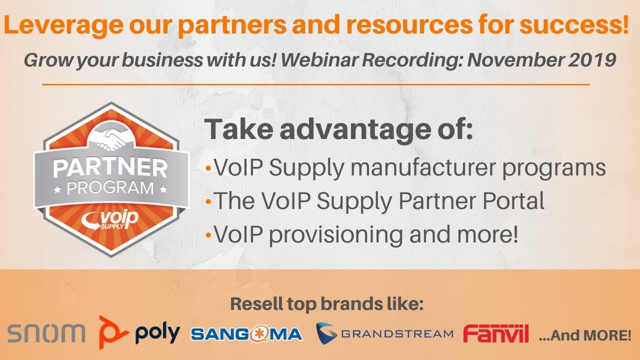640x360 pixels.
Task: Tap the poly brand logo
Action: coord(139,332)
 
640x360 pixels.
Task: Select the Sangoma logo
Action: coord(246,334)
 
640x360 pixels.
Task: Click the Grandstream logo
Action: coord(384,333)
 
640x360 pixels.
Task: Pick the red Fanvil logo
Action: coord(496,333)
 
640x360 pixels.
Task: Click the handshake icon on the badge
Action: coord(111,139)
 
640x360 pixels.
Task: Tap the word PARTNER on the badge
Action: coord(110,168)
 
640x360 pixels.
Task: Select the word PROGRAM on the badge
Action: coord(110,188)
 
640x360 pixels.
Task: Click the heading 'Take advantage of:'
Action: coord(339,129)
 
